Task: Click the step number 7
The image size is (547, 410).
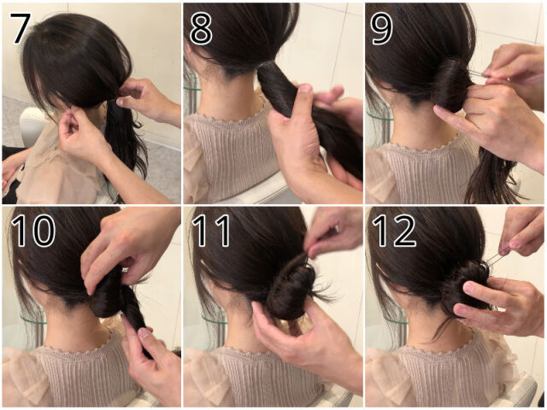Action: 21,28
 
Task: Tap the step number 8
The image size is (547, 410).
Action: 201,28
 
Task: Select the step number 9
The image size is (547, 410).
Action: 382,28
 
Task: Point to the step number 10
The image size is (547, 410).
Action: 32,231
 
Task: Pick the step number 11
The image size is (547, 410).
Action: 211,231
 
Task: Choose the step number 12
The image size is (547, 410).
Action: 394,231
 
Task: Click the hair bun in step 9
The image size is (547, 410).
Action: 450,85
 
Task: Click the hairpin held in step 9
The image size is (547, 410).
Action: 475,73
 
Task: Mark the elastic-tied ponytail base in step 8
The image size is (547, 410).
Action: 265,67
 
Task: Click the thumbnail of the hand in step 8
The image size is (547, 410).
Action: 306,88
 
